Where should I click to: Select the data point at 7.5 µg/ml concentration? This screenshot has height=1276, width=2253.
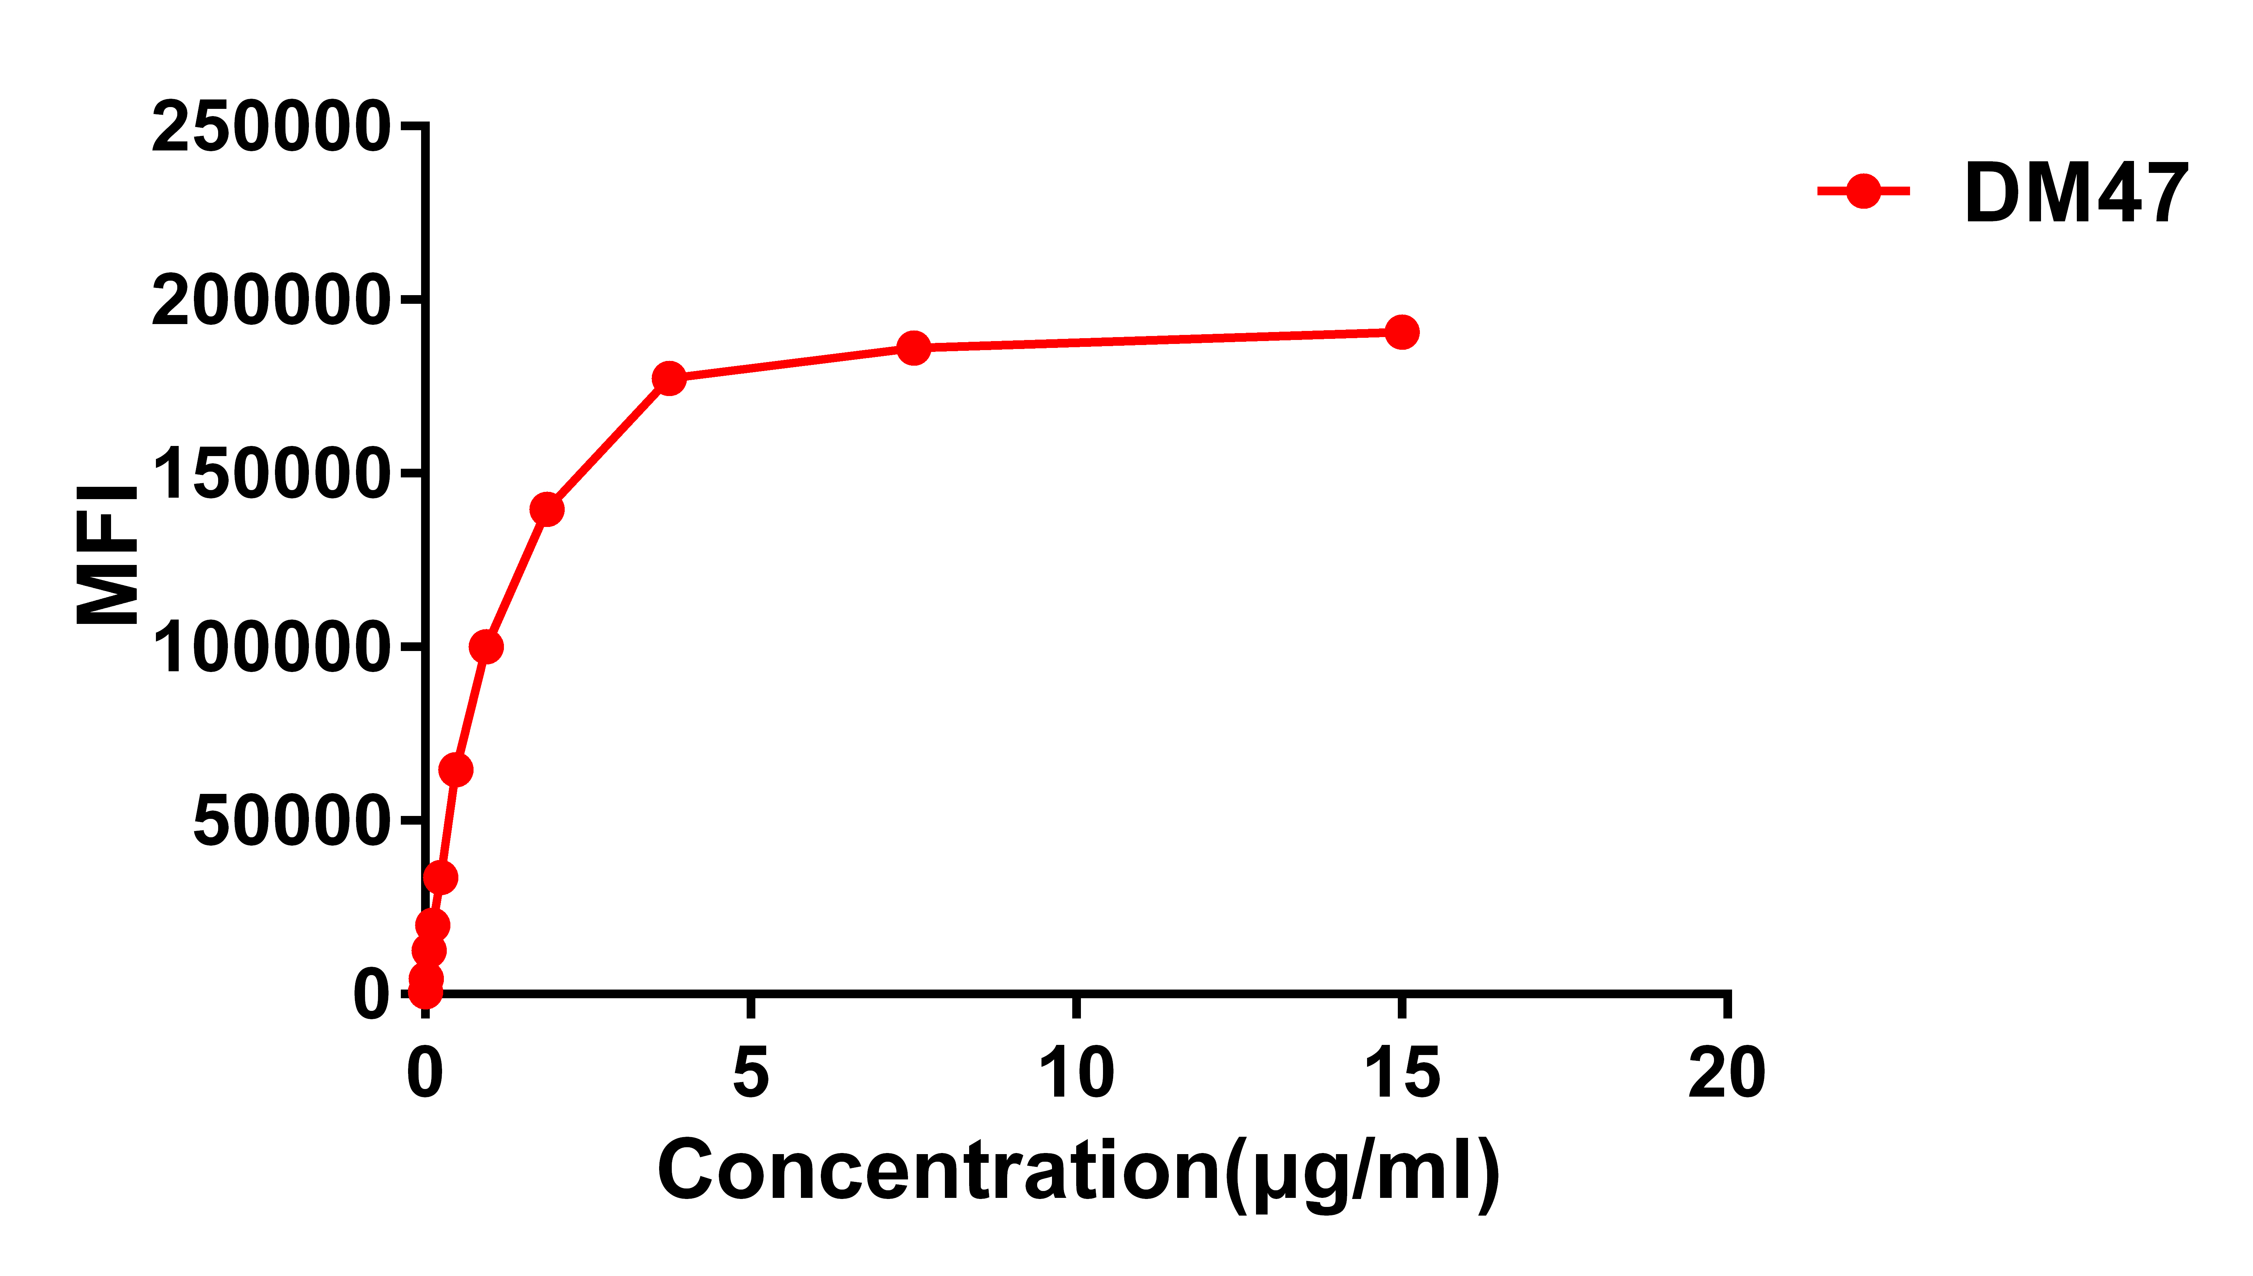[913, 348]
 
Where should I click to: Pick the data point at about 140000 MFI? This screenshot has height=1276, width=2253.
[547, 509]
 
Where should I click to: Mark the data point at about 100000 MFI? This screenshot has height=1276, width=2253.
[485, 647]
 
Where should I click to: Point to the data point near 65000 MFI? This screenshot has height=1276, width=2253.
[455, 770]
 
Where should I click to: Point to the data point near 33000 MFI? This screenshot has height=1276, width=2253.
[440, 877]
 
